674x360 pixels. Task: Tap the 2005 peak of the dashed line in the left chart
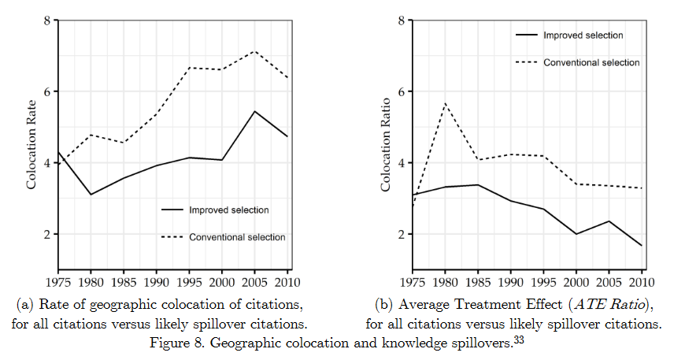coord(254,51)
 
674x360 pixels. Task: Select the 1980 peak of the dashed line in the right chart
coord(446,103)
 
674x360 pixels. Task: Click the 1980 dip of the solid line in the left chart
coord(91,195)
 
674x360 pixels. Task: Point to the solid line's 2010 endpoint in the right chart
coord(642,246)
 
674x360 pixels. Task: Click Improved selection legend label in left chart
coord(228,210)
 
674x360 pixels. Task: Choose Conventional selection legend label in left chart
coord(237,237)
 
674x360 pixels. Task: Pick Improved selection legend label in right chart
coord(583,35)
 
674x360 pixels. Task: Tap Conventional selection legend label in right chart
coord(591,62)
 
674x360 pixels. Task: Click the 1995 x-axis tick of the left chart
coord(189,281)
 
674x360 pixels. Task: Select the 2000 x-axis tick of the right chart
coord(576,281)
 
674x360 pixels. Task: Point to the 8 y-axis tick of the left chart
coord(49,20)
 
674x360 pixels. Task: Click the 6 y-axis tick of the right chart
coord(402,91)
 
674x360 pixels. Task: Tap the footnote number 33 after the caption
coord(519,340)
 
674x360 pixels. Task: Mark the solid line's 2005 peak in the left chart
coord(254,111)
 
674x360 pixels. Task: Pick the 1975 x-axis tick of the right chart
coord(413,281)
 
